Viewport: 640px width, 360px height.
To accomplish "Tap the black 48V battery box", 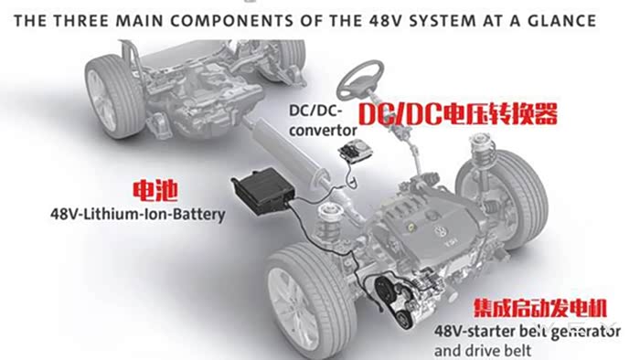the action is (x=263, y=189).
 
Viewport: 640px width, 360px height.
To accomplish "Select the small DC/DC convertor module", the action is (x=356, y=151).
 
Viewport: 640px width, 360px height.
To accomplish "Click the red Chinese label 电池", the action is (x=155, y=190).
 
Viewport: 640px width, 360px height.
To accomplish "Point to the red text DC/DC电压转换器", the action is (x=458, y=113).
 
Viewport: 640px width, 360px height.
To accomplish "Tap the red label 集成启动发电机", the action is (x=540, y=308).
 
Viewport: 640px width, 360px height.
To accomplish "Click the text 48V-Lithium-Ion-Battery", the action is (x=137, y=214).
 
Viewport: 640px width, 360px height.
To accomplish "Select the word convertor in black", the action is (x=323, y=131).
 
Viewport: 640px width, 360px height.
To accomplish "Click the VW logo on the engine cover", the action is (x=441, y=232).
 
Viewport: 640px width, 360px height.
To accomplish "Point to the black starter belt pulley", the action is (x=385, y=290).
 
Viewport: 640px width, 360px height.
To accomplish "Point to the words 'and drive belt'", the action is (x=483, y=351).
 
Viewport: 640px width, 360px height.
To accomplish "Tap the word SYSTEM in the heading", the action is (x=443, y=20).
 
